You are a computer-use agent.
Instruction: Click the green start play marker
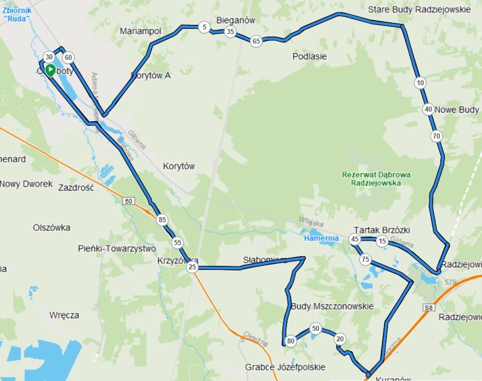[x=50, y=70]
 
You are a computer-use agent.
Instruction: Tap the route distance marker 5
[x=204, y=27]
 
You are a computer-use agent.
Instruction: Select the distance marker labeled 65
[x=256, y=41]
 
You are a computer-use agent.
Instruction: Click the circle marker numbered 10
[x=420, y=83]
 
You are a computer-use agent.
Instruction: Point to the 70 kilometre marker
[x=437, y=136]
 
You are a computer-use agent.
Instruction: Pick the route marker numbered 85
[x=162, y=220]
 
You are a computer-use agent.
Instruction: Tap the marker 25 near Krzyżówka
[x=192, y=267]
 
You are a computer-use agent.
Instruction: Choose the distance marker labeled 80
[x=291, y=342]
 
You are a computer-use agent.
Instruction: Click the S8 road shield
[x=429, y=308]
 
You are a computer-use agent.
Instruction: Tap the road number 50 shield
[x=129, y=201]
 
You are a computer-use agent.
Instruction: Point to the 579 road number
[x=451, y=283]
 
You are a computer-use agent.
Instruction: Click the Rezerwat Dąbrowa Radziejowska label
[x=376, y=179]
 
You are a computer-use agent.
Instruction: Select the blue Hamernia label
[x=321, y=238]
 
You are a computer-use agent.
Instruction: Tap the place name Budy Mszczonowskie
[x=332, y=306]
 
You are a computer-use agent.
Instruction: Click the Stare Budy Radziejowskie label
[x=419, y=10]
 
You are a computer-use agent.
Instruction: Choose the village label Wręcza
[x=64, y=315]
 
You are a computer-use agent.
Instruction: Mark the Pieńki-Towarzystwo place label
[x=117, y=249]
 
